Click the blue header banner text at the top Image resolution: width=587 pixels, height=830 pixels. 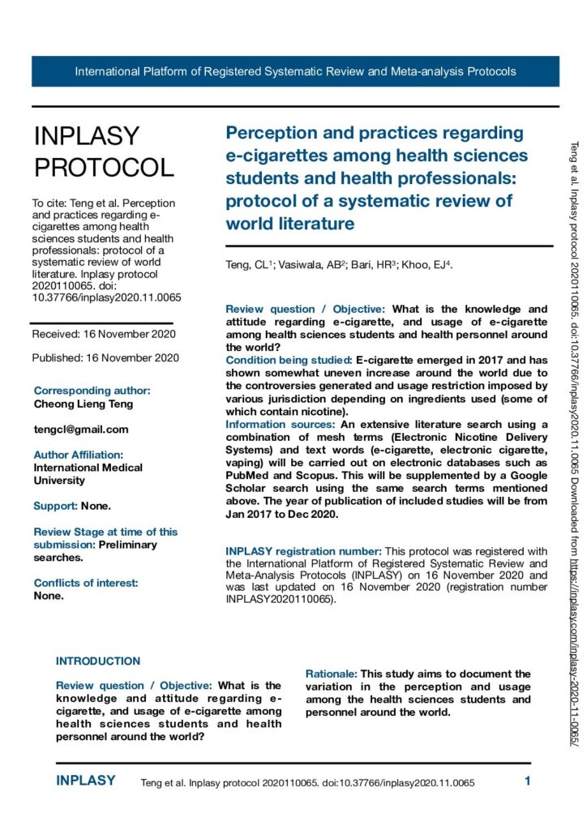pos(295,71)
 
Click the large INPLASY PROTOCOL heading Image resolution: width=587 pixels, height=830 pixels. pos(103,152)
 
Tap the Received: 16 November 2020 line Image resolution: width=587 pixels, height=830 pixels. pos(104,334)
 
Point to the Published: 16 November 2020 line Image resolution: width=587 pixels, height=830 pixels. pos(105,357)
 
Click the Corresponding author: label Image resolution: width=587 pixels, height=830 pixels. pos(92,391)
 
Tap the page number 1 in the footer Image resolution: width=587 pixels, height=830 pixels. pos(527,782)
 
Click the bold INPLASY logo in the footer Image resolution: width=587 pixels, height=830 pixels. pos(86,781)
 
